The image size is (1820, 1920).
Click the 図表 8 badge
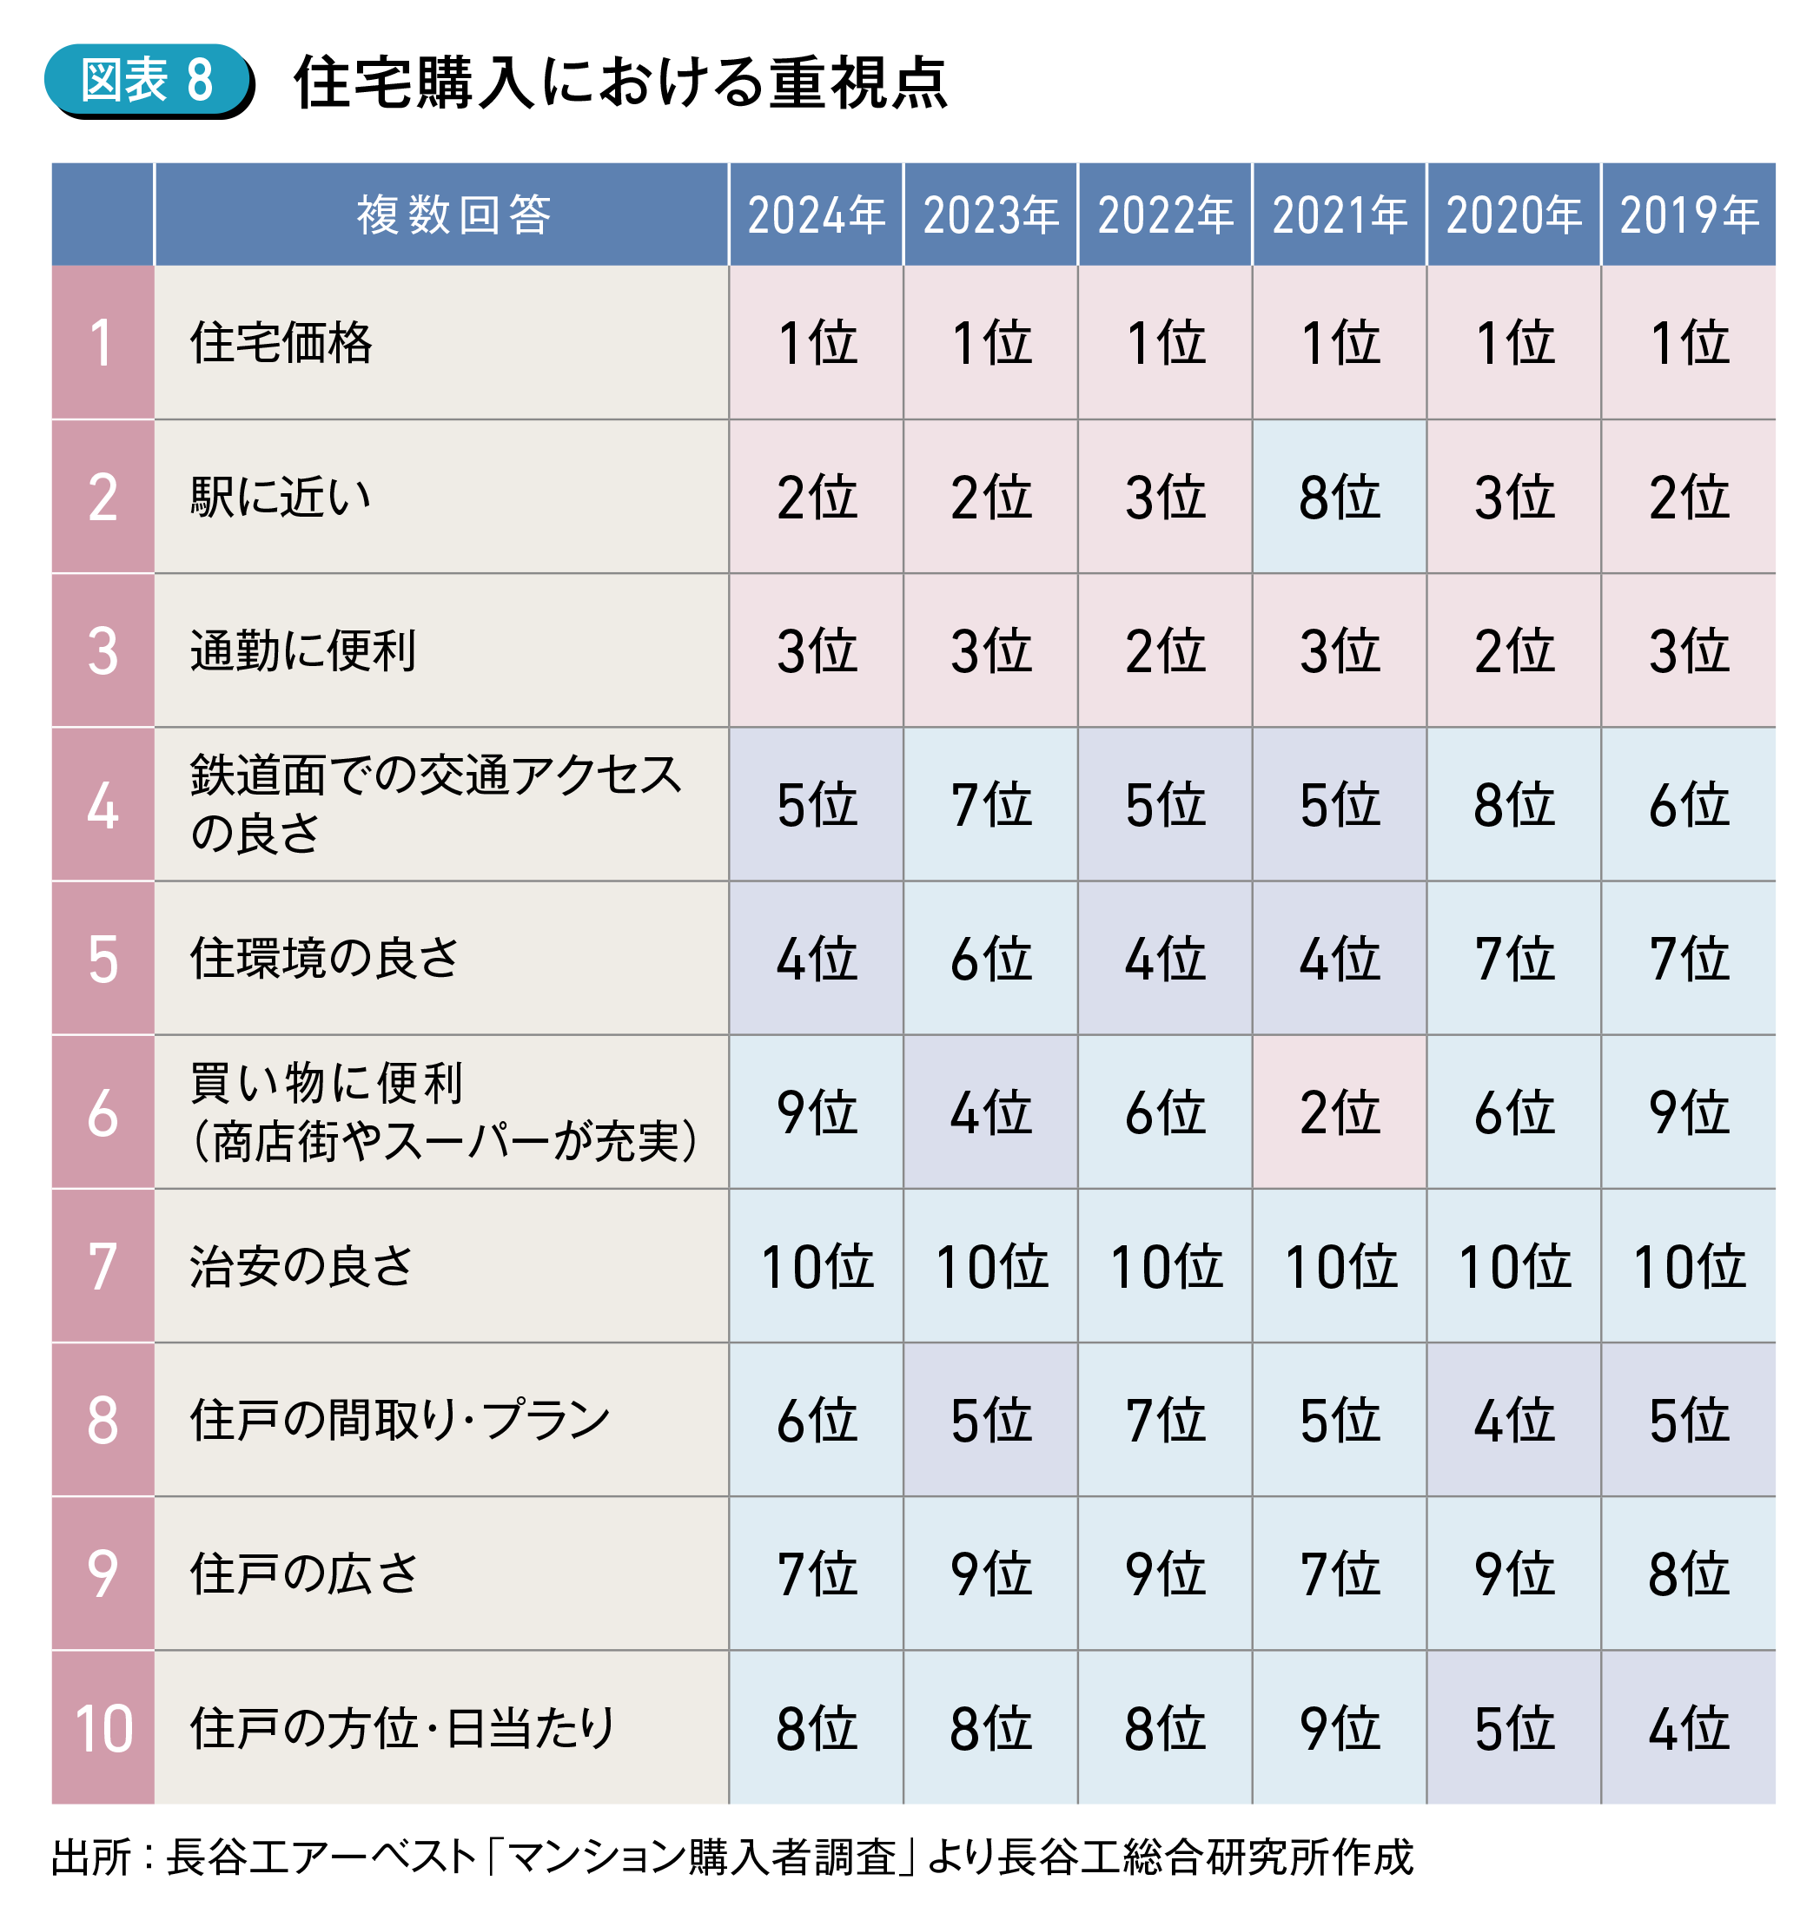click(148, 80)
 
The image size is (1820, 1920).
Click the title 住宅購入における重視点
click(621, 82)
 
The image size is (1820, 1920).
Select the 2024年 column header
click(816, 214)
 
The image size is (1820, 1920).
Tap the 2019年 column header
click(1688, 214)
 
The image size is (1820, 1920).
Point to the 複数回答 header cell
click(453, 214)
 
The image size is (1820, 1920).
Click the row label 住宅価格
click(281, 342)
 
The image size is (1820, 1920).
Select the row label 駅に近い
click(281, 497)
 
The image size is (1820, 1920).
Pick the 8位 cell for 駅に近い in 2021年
click(1339, 497)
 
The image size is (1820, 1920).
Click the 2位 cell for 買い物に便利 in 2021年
click(1339, 1112)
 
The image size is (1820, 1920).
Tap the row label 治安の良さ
click(301, 1265)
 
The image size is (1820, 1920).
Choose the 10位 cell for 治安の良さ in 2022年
click(1165, 1265)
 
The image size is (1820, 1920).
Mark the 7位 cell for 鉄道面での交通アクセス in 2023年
click(990, 804)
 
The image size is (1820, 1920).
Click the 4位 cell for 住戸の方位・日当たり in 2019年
click(1688, 1728)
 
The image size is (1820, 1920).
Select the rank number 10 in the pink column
click(103, 1728)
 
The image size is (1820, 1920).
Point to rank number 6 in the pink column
click(103, 1112)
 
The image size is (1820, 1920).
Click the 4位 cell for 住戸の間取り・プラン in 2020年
click(1513, 1420)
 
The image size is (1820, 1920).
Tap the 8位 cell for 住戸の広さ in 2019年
click(1688, 1574)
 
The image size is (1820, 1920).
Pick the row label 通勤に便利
click(302, 650)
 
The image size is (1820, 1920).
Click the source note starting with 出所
click(732, 1857)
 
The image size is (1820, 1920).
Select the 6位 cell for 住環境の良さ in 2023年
click(990, 958)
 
